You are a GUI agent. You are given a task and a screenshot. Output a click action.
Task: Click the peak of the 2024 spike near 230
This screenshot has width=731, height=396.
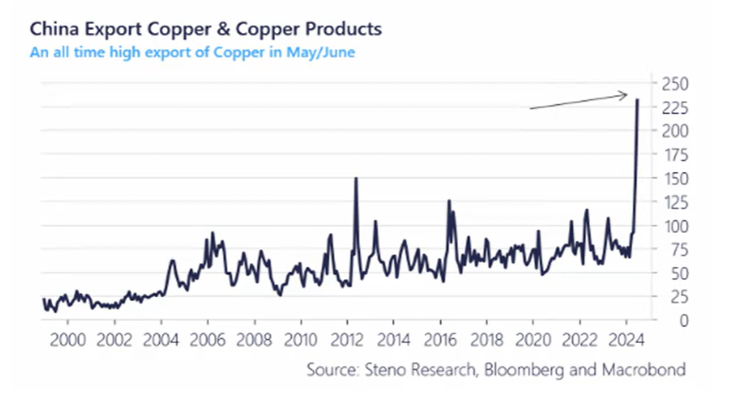coord(638,99)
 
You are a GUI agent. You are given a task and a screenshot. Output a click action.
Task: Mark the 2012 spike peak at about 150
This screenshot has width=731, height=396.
coord(356,178)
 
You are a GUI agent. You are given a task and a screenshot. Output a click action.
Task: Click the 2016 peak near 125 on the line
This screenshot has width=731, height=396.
coord(449,201)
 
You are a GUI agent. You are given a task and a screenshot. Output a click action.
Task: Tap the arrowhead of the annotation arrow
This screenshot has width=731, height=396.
coord(626,95)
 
